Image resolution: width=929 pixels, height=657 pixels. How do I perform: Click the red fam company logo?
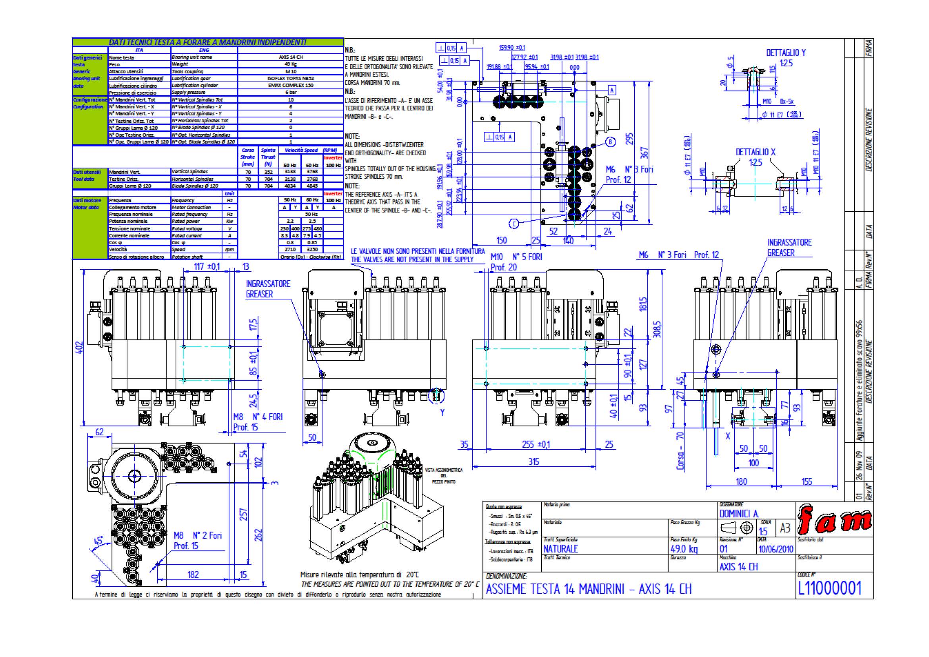(834, 520)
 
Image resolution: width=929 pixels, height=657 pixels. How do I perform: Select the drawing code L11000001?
(829, 588)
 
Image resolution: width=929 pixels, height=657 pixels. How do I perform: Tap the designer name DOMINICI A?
(738, 514)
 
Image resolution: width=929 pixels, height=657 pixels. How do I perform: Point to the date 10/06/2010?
(775, 549)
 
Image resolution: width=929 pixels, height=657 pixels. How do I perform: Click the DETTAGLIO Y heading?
(786, 53)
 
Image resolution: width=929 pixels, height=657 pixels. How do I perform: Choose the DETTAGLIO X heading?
(755, 152)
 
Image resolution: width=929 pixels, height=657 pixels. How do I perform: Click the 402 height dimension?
(80, 348)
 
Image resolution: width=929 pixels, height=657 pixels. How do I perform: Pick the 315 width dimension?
(534, 462)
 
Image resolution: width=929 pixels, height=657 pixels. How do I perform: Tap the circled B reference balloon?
(610, 142)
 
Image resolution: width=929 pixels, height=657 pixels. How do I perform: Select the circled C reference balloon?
(514, 224)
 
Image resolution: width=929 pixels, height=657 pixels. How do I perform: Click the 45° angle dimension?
(99, 541)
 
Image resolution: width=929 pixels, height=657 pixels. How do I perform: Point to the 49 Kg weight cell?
(290, 64)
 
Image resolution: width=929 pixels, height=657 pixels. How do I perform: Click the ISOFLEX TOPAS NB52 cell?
(290, 79)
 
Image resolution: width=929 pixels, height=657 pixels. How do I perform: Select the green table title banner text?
(207, 42)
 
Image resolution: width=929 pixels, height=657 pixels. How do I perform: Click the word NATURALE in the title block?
(560, 549)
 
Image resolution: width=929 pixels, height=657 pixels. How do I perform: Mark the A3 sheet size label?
(785, 528)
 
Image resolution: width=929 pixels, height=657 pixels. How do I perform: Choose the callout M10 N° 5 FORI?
(516, 257)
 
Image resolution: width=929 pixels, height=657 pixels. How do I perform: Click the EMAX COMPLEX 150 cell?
(290, 85)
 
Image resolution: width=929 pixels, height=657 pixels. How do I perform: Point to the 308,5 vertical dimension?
(657, 329)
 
